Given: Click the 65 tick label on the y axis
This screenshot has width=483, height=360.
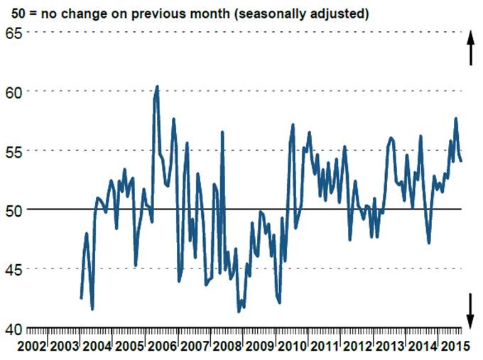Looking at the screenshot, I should tap(14, 33).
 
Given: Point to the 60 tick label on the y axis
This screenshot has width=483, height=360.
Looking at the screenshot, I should tap(14, 92).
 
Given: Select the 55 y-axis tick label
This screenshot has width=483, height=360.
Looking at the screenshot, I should tap(14, 151).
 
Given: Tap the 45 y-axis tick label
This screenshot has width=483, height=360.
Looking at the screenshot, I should tap(14, 269).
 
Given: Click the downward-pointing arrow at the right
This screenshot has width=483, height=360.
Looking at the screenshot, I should tap(470, 307).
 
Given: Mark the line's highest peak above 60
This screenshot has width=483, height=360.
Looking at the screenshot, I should tap(157, 87).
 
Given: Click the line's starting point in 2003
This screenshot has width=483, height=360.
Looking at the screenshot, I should tap(81, 298).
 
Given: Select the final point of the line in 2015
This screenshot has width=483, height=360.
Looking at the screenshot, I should tap(462, 161).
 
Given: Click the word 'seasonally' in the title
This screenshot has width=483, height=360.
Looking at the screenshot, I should tap(288, 13).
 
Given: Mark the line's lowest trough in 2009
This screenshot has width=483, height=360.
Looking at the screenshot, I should tap(239, 311).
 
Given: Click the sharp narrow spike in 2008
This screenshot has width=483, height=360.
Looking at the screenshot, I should tap(222, 133).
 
